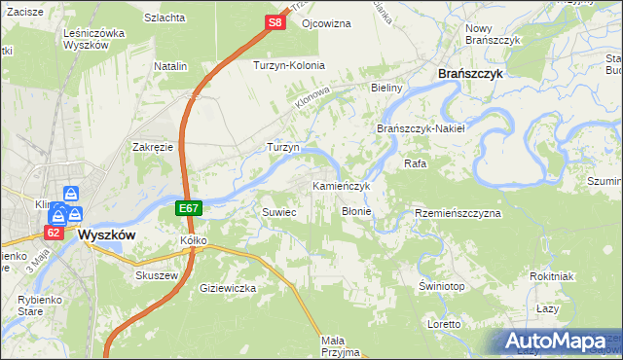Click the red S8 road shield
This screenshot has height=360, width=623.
pos(275,20)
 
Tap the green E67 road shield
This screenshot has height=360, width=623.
pos(190,209)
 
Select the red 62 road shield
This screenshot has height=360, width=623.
pos(53,233)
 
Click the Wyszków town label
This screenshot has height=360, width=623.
pos(104,235)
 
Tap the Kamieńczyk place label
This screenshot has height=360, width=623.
pos(342,185)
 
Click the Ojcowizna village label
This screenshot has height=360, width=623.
pos(326,22)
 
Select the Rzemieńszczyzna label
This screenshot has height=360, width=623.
pos(457,212)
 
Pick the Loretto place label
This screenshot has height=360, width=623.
pos(443,323)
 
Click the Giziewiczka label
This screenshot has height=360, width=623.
pos(227,288)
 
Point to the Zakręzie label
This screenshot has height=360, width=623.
pos(153,147)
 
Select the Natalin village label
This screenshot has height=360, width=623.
pos(170,66)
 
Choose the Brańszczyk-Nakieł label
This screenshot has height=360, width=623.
pos(422,128)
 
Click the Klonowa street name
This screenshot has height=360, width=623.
pos(315,98)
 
